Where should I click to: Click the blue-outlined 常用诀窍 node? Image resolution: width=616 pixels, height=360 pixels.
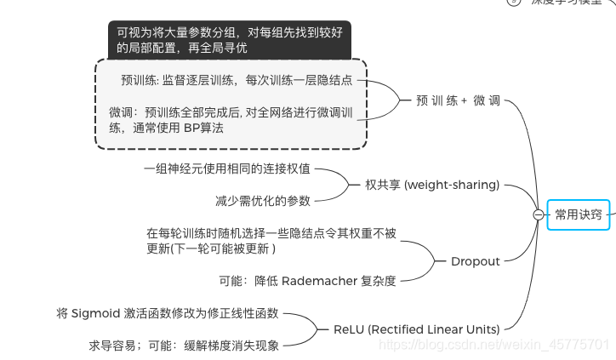click(579, 214)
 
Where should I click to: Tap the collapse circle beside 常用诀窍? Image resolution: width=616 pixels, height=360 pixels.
click(538, 215)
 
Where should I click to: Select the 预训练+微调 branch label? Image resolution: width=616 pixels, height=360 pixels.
click(458, 100)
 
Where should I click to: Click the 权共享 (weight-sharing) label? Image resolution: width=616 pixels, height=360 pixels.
click(432, 185)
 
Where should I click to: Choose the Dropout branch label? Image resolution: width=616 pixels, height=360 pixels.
click(475, 261)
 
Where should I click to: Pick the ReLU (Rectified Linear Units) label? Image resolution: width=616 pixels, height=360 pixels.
click(416, 329)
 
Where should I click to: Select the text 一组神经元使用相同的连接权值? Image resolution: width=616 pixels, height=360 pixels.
click(227, 169)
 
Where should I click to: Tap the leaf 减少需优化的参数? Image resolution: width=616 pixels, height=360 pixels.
click(263, 201)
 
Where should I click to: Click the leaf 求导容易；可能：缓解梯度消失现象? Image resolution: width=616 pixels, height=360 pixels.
click(184, 346)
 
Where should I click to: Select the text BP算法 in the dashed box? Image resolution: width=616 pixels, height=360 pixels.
click(203, 128)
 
